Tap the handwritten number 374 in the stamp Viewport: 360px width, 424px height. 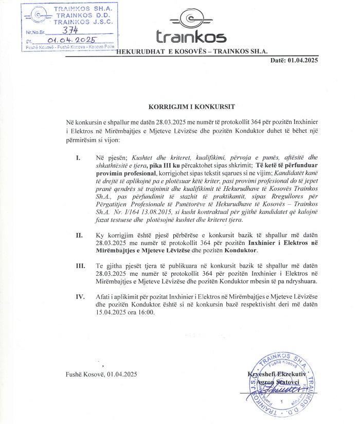[x=66, y=30]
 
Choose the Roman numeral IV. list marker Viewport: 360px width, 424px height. [x=79, y=296]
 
